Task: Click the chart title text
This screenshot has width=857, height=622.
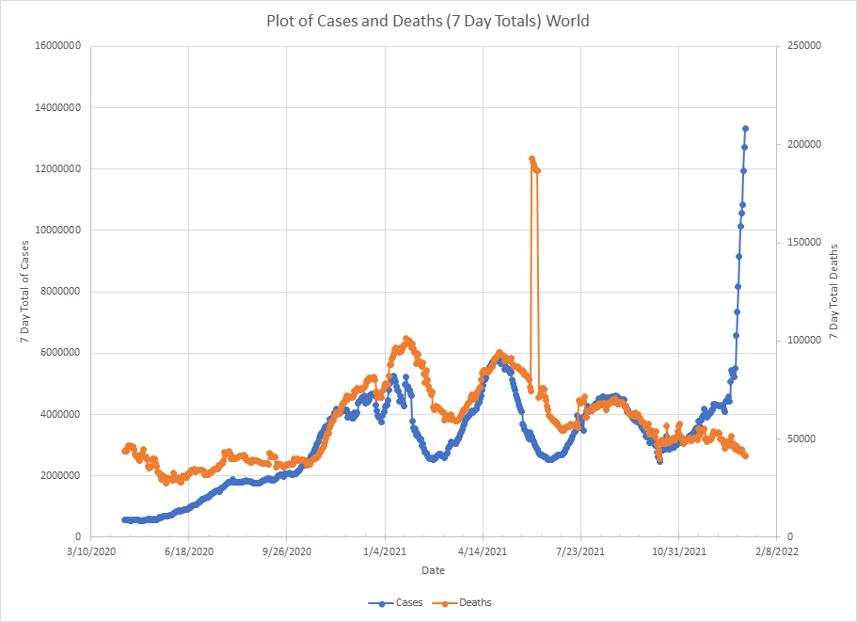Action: point(428,21)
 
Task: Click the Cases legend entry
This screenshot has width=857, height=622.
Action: point(402,602)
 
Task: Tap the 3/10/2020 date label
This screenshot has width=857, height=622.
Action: point(90,552)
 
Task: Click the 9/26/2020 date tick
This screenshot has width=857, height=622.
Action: point(287,552)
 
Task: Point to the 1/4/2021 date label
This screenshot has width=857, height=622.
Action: point(385,552)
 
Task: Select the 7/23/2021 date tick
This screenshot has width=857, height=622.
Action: point(580,552)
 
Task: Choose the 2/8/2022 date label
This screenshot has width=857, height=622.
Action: point(776,552)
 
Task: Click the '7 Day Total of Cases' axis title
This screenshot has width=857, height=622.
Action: point(26,292)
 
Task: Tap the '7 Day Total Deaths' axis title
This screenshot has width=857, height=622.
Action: point(835,292)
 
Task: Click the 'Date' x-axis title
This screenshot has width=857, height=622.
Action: point(434,570)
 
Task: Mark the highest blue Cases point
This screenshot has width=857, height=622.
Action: point(745,128)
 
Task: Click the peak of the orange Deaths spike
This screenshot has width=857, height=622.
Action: point(532,159)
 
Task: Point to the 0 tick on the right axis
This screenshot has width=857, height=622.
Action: point(788,537)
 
